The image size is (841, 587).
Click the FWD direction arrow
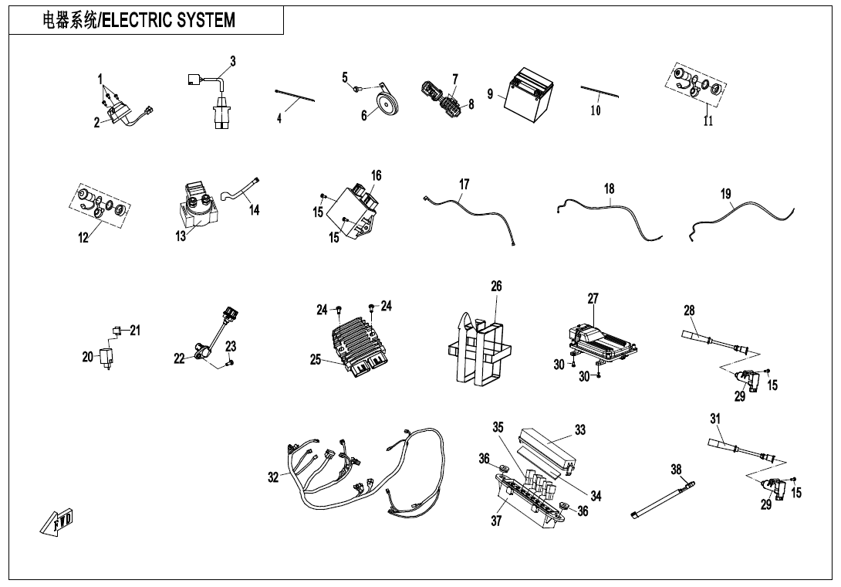[x=56, y=524]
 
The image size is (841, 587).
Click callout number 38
[x=676, y=469]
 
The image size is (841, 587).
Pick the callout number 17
[x=464, y=185]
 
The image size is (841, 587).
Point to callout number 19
[x=726, y=194]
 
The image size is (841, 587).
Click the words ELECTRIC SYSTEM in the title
[x=169, y=20]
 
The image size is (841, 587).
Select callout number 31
[x=715, y=419]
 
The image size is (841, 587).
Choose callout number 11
[x=708, y=120]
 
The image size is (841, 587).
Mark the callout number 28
[x=689, y=310]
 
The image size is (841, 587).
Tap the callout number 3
[x=232, y=61]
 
